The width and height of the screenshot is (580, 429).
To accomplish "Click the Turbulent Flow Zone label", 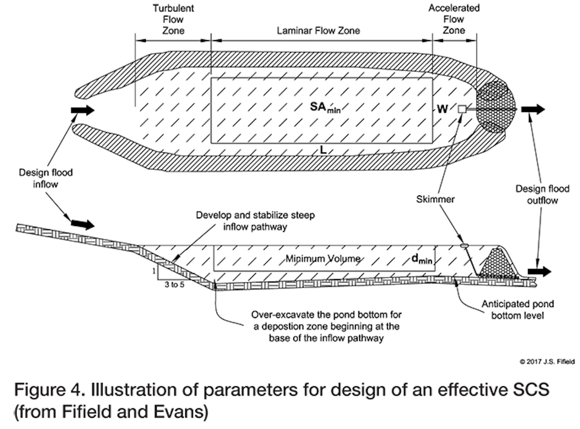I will (x=173, y=19).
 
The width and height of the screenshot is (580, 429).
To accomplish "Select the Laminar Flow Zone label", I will (x=318, y=31).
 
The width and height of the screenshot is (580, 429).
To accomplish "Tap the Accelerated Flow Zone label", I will (x=454, y=19).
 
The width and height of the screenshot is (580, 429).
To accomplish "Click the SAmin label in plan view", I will (x=325, y=108).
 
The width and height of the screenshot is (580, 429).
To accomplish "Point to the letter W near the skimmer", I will (x=442, y=109).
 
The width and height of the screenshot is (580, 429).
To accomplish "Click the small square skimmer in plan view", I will (x=462, y=109).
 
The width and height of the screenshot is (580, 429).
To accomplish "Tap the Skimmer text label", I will (x=435, y=199).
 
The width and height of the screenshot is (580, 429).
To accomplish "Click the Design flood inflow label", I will (x=46, y=178).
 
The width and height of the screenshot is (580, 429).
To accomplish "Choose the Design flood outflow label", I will (x=542, y=195).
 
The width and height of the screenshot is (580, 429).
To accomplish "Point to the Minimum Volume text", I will (x=323, y=259).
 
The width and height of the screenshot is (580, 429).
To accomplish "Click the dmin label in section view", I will (x=422, y=259).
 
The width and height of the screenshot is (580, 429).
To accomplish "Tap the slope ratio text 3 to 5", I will (x=174, y=285).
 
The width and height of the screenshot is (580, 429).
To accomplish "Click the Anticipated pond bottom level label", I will (x=518, y=309).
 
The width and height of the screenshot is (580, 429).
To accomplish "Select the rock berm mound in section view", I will (x=499, y=264).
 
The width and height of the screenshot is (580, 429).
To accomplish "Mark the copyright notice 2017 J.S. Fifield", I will (x=547, y=362).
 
